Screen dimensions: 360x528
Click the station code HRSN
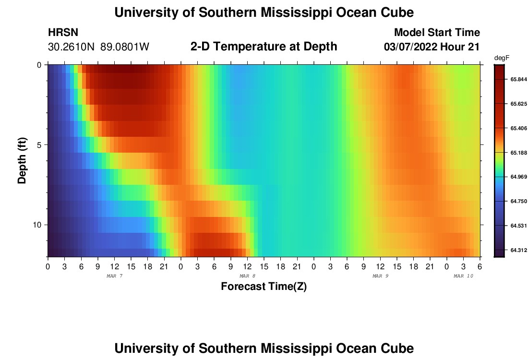(63, 33)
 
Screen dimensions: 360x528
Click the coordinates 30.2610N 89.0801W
(99, 47)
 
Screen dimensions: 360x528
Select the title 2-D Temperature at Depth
(264, 47)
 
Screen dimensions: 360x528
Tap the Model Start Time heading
(436, 33)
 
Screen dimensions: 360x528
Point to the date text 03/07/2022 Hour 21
(432, 47)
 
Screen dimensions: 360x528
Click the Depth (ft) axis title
(22, 161)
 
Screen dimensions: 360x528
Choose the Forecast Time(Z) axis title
(264, 287)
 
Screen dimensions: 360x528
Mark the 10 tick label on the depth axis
(36, 225)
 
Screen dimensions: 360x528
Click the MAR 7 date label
(114, 276)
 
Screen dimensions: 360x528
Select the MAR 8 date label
(247, 276)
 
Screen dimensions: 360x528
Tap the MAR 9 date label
(380, 276)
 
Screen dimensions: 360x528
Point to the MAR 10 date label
(463, 276)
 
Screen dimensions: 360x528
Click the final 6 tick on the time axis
(480, 266)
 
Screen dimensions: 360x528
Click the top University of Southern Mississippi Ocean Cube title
(264, 12)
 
